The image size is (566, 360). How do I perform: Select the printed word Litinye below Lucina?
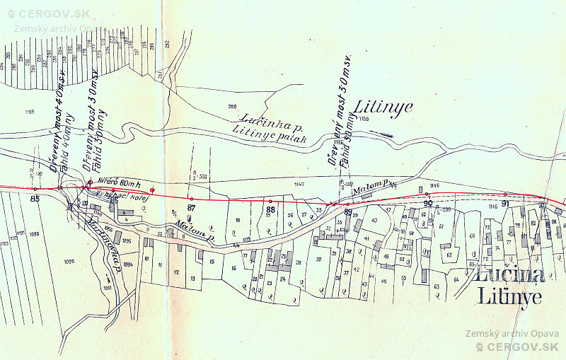[x=509, y=296]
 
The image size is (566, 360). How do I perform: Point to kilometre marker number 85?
[x=35, y=199]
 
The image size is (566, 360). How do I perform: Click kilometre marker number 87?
[x=191, y=208]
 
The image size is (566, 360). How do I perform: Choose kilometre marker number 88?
[x=270, y=210]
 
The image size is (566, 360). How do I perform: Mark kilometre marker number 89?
[x=348, y=211]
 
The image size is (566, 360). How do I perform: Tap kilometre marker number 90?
[x=427, y=204]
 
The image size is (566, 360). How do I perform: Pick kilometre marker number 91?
[x=505, y=204]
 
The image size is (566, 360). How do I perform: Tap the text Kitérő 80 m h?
[x=120, y=181]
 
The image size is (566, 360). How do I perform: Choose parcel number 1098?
[x=69, y=262]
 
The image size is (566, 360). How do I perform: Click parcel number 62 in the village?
[x=449, y=255]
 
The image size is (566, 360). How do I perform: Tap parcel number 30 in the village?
[x=318, y=259]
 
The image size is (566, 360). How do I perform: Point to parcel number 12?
[x=175, y=272]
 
